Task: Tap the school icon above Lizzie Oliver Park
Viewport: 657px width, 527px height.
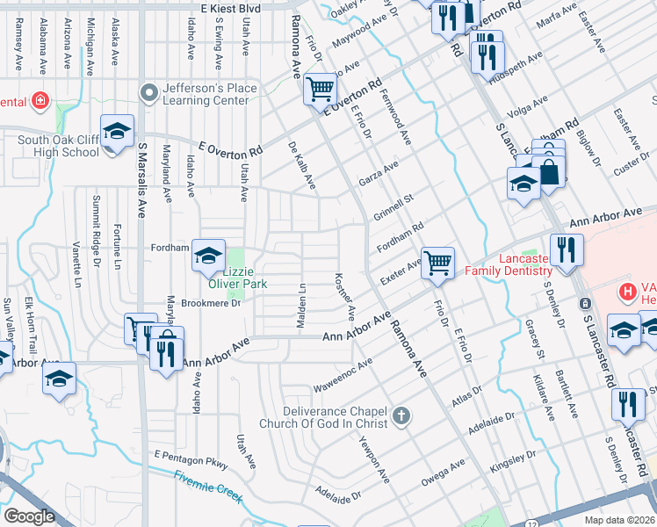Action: pyautogui.click(x=208, y=256)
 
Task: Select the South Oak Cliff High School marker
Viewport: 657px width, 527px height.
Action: pyautogui.click(x=117, y=132)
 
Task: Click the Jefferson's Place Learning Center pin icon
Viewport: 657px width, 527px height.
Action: pyautogui.click(x=149, y=90)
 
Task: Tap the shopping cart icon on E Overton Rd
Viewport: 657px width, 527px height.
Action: pyautogui.click(x=321, y=89)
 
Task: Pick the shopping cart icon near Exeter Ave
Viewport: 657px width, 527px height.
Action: pyautogui.click(x=437, y=261)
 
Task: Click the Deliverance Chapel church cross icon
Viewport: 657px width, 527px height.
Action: pyautogui.click(x=401, y=415)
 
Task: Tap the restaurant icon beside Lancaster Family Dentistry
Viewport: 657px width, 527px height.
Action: pyautogui.click(x=567, y=249)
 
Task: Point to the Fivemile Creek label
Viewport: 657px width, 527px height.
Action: pyautogui.click(x=208, y=486)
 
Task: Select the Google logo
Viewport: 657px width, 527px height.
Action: pyautogui.click(x=30, y=516)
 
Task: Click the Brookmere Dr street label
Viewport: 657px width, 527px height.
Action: pyautogui.click(x=210, y=304)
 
